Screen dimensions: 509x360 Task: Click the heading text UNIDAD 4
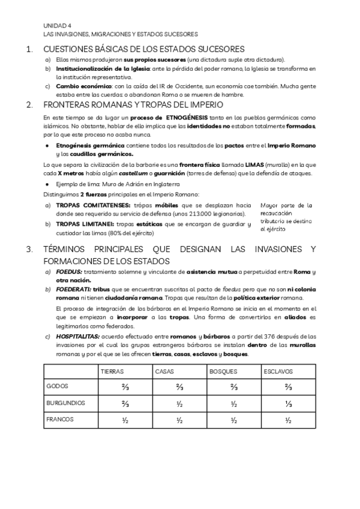tap(57, 26)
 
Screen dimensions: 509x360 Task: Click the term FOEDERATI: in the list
tap(74, 289)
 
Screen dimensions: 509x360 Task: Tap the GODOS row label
tap(58, 388)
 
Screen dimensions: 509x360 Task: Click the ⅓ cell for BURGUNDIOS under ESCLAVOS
tap(289, 403)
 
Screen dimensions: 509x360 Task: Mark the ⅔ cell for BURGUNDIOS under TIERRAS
tap(125, 403)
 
